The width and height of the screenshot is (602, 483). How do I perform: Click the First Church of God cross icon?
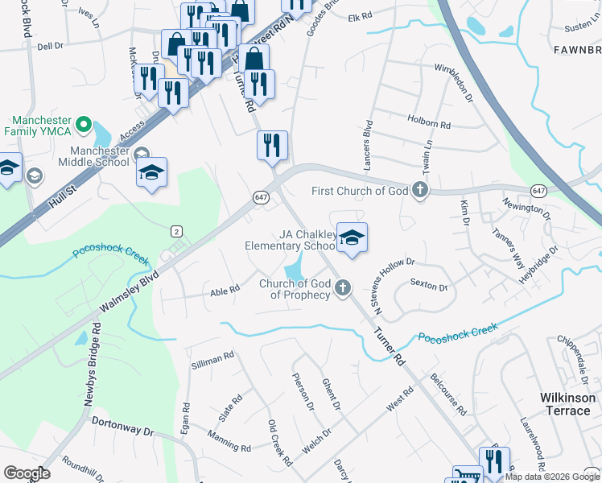tap(419, 191)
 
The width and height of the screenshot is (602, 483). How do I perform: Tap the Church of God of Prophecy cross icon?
tap(343, 287)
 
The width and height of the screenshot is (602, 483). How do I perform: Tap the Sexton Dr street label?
tap(428, 284)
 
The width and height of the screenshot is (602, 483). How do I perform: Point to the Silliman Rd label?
tap(212, 359)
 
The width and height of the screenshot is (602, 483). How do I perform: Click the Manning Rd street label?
tap(229, 441)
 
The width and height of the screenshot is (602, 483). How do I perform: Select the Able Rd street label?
tap(225, 290)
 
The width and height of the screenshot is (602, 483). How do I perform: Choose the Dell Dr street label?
tap(49, 46)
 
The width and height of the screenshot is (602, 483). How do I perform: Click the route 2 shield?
tap(176, 231)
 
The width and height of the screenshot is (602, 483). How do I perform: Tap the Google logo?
tap(27, 473)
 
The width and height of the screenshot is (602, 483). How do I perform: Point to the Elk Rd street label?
tap(360, 16)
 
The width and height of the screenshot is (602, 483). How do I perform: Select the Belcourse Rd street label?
tap(448, 394)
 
